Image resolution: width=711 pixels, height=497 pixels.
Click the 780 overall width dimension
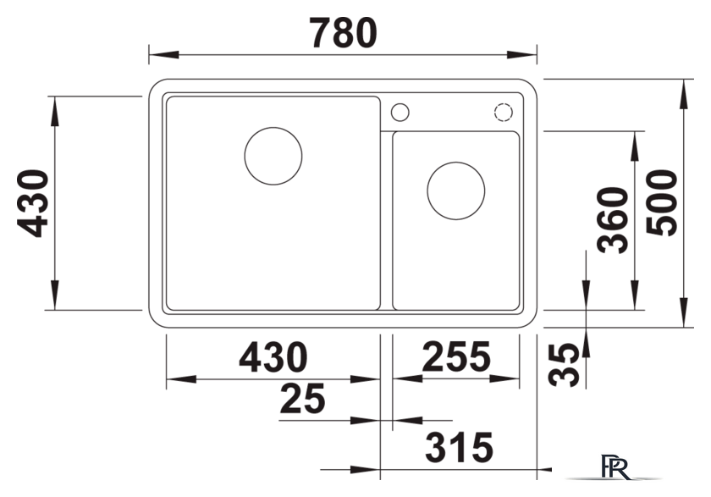click(344, 33)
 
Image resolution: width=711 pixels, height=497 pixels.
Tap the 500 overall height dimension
click(662, 202)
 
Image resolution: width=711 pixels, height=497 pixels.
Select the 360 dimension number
click(613, 220)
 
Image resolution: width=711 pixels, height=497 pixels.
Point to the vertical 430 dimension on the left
click(33, 203)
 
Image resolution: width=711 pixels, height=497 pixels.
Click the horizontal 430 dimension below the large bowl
click(273, 357)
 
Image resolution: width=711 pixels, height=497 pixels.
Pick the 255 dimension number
click(456, 356)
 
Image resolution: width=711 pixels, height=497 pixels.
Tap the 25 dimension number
click(302, 399)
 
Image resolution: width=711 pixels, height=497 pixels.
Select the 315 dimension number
click(459, 447)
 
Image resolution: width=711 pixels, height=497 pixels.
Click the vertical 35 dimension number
click(564, 365)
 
